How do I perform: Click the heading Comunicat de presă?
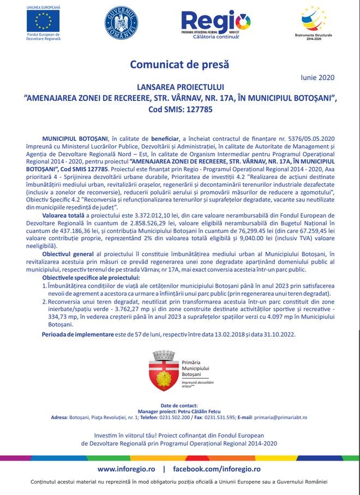pyautogui.click(x=179, y=64)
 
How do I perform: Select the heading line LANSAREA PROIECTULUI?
pyautogui.click(x=179, y=87)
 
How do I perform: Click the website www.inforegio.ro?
pyautogui.click(x=127, y=469)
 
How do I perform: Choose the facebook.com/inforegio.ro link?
pyautogui.click(x=217, y=469)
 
